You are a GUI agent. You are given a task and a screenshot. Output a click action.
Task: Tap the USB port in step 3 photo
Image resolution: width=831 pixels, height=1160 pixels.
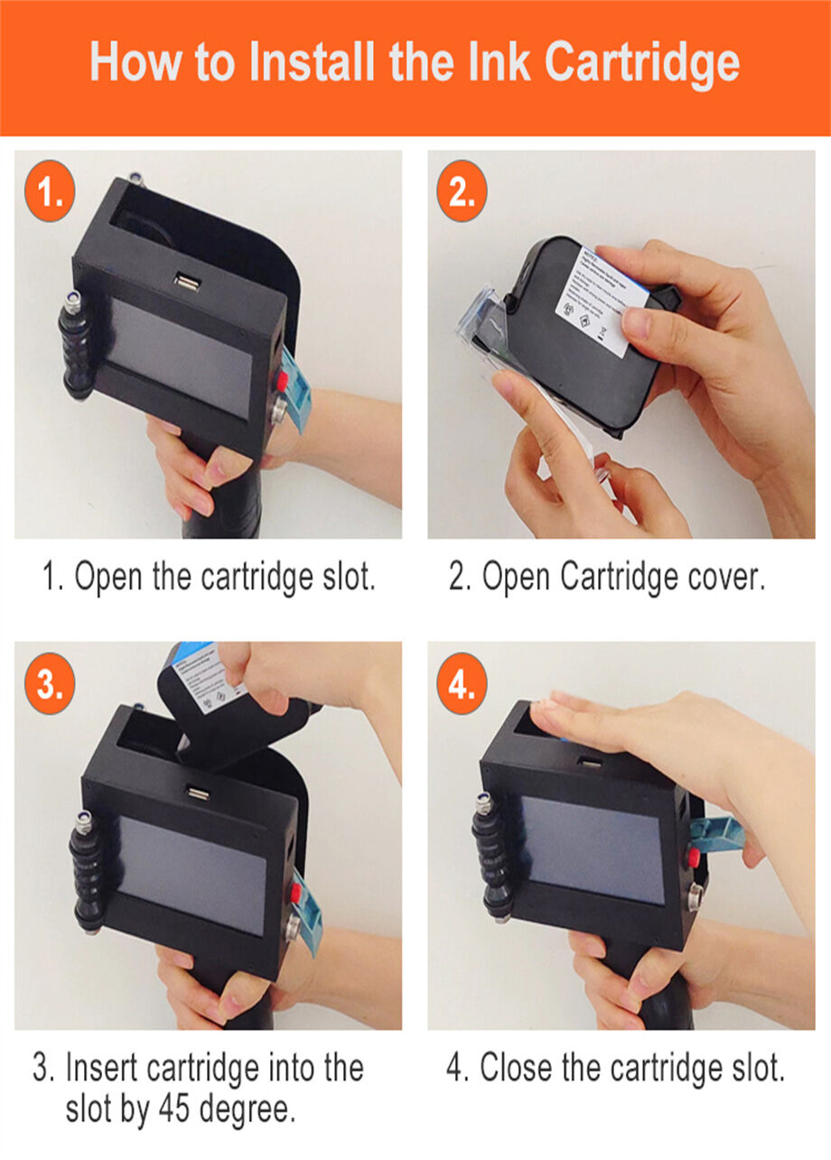click(x=195, y=793)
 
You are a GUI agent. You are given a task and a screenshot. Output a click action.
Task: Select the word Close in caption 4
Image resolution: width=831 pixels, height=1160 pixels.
click(x=516, y=1069)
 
